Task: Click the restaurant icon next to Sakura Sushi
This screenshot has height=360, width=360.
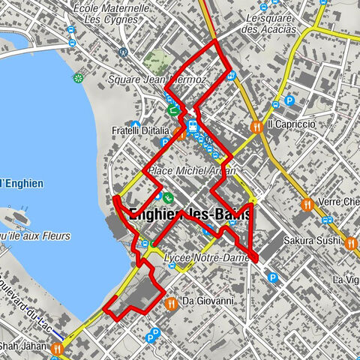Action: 349,242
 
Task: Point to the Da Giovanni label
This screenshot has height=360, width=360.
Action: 207,301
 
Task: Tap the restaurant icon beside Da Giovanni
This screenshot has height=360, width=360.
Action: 172,303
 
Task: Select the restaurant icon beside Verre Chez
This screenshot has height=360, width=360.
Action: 307,204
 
